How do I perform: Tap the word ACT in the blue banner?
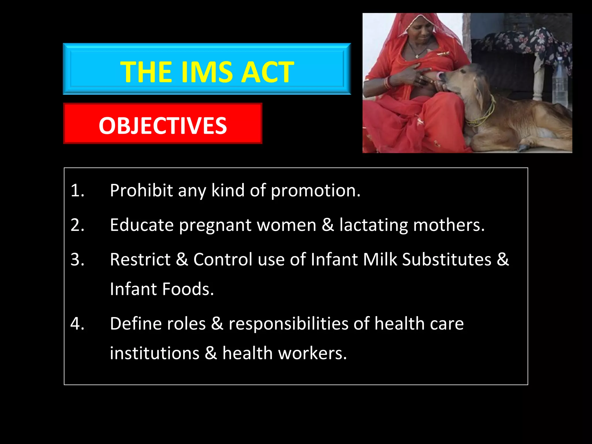tap(267, 72)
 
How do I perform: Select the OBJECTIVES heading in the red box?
tap(163, 125)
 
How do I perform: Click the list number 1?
tap(77, 190)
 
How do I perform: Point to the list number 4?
tap(77, 323)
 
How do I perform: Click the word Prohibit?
tap(141, 190)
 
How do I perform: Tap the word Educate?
tap(142, 225)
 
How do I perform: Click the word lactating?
tap(373, 225)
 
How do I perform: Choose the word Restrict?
tap(140, 259)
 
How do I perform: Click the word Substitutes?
tap(447, 259)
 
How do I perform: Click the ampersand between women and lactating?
tap(328, 225)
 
